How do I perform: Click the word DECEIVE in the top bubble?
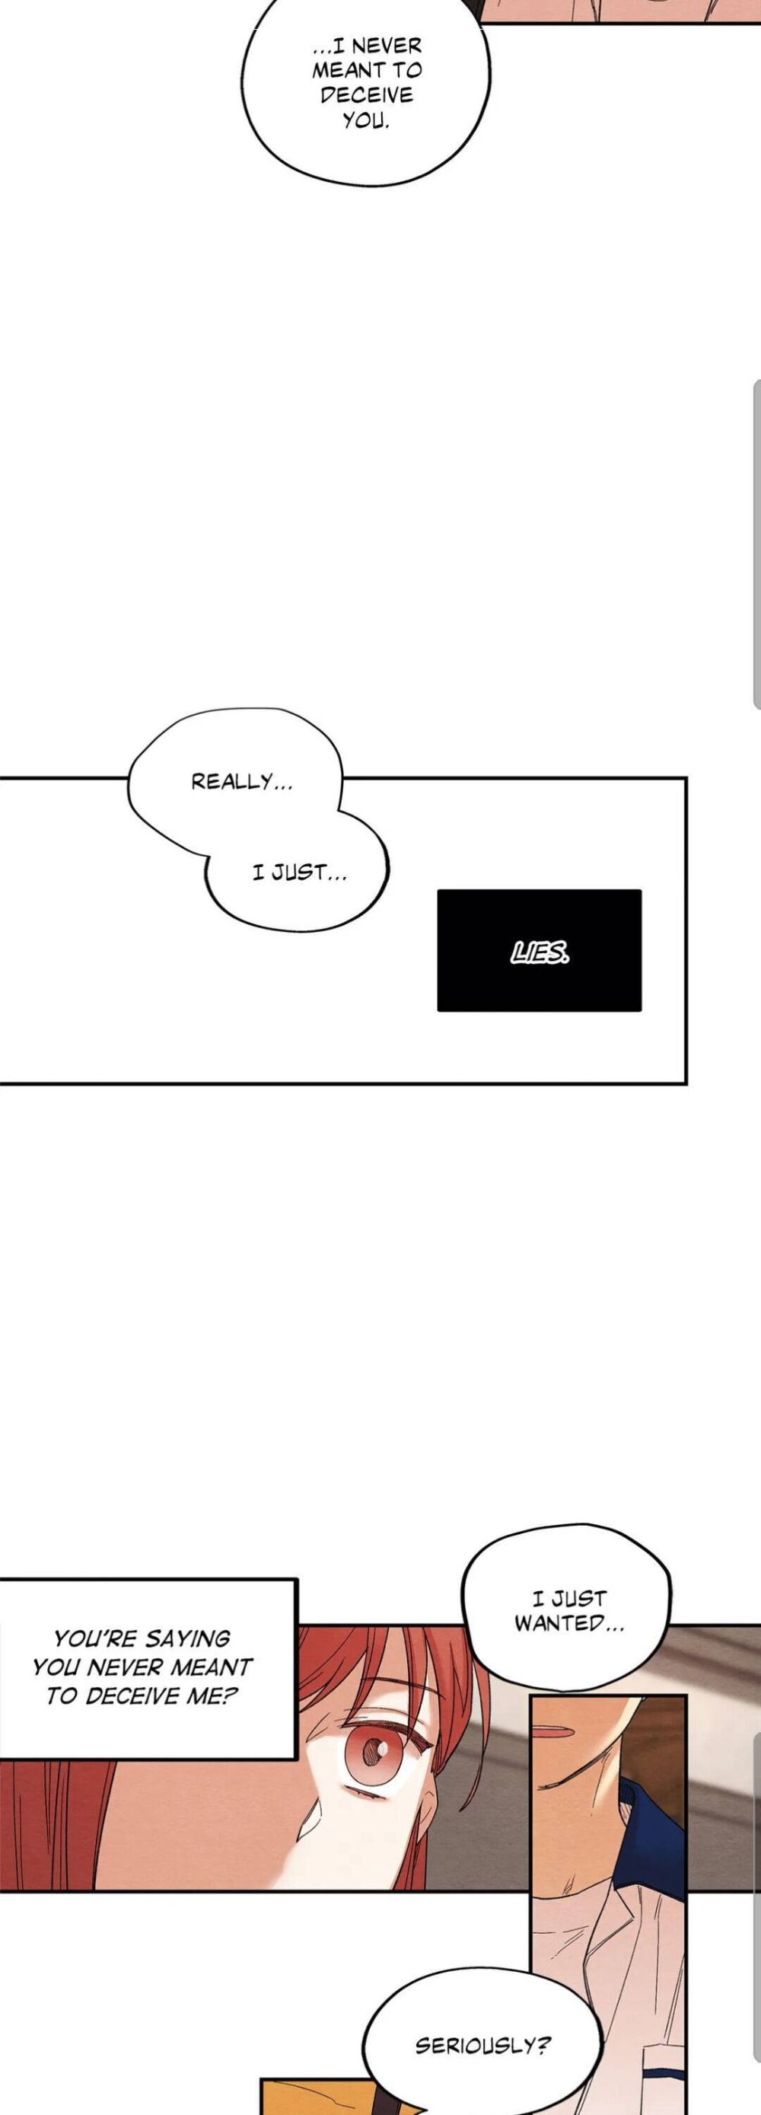click(366, 95)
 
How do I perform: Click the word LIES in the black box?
click(540, 952)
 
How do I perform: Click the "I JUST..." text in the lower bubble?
click(299, 872)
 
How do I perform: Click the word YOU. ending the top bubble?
click(365, 121)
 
